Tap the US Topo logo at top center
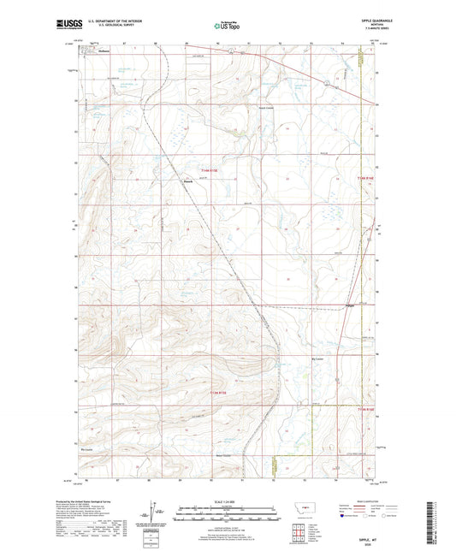pos(228,26)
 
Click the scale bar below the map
pos(227,516)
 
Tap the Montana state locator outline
pos(299,507)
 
